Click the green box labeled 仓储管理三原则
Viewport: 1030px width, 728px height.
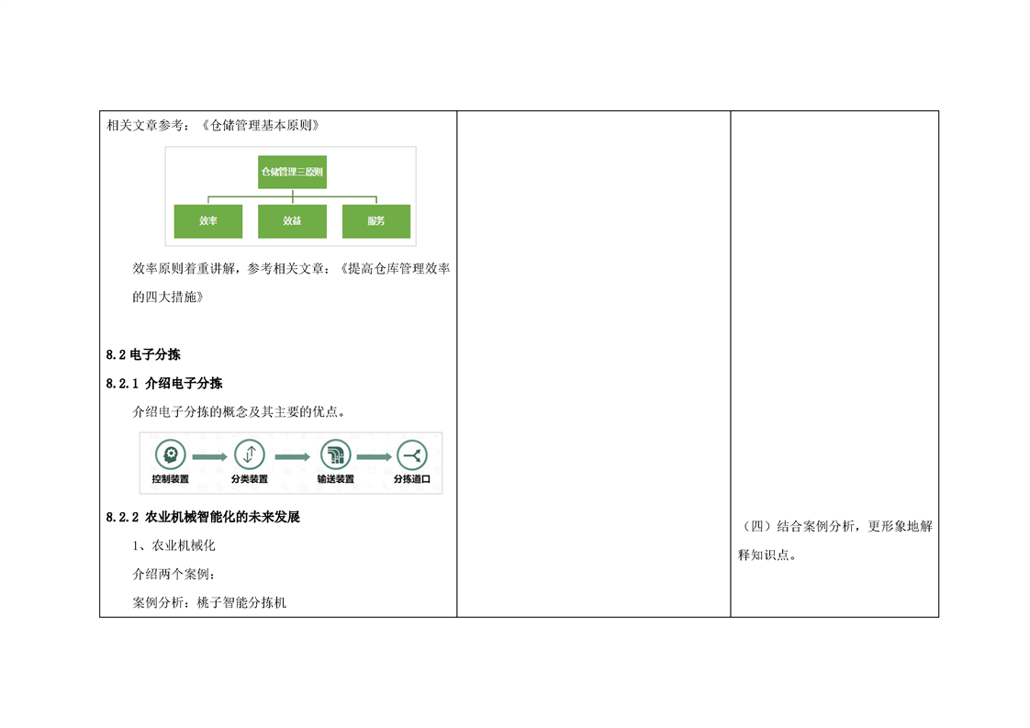292,172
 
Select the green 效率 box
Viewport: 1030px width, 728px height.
208,221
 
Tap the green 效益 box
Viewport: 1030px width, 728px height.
292,221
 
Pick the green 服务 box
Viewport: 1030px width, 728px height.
375,221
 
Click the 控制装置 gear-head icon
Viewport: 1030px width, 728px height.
170,454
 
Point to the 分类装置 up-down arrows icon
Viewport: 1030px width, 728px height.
250,454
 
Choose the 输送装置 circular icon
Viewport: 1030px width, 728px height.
336,454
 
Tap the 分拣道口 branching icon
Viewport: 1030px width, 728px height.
411,454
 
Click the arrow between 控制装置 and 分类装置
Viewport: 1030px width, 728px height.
209,455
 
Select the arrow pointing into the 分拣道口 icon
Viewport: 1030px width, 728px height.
374,455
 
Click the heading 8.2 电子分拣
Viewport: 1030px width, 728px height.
143,354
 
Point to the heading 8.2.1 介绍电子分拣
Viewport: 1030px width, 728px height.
164,383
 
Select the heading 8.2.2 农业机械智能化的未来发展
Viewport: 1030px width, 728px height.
203,517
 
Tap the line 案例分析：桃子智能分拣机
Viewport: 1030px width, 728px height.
209,603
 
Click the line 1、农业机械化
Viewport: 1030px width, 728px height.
174,545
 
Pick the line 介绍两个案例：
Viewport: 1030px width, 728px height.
174,575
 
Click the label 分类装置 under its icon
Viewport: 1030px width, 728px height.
250,479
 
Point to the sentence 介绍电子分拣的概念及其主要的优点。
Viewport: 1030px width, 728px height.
241,412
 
